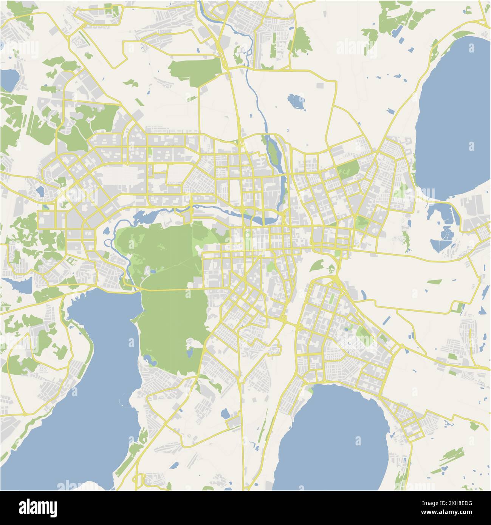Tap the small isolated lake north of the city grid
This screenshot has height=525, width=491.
coord(296,101)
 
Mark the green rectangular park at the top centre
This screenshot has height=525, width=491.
coord(195,68)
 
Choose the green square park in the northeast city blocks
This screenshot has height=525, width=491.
coord(348,169)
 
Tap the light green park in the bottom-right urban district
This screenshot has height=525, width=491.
coord(363,332)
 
